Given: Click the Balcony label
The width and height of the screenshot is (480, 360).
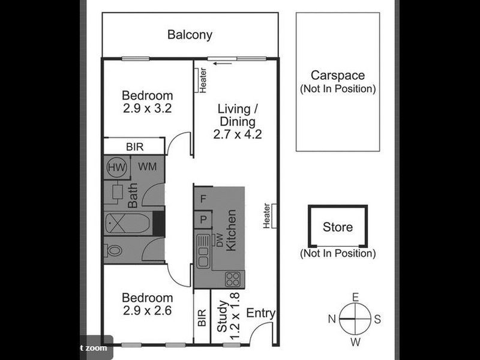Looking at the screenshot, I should point(190,34).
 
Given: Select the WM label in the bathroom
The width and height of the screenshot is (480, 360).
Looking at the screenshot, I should point(147,167).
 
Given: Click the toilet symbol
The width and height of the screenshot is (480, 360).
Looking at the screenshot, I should point(115,250).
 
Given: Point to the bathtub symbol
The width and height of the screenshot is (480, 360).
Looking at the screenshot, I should point(127,224).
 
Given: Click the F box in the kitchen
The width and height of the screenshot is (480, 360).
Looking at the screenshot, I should point(203,198).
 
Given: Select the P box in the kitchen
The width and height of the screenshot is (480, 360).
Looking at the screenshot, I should point(203,219).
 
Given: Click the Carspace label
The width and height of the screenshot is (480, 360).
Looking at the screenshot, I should point(337,76).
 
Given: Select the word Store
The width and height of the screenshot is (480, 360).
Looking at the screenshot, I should point(338,227).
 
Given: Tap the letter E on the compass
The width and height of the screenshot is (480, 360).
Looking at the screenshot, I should point(355,297).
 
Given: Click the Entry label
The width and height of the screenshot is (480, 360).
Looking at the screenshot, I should point(261,313).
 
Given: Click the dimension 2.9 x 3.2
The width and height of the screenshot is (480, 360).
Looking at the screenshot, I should point(148,109).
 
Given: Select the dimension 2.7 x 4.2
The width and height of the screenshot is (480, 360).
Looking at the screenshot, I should point(238,134).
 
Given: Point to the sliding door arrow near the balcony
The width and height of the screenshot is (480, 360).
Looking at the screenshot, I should point(223,62).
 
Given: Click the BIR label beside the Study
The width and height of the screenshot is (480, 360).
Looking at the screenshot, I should point(201,317).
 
